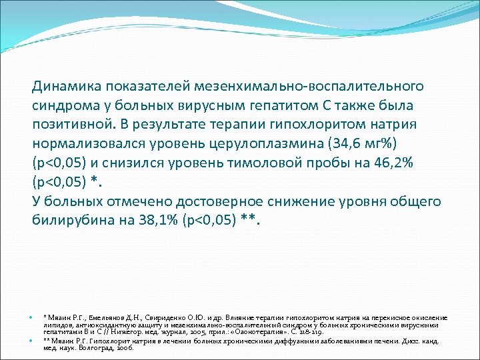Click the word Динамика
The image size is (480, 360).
[64, 87]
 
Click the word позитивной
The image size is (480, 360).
[73, 125]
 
